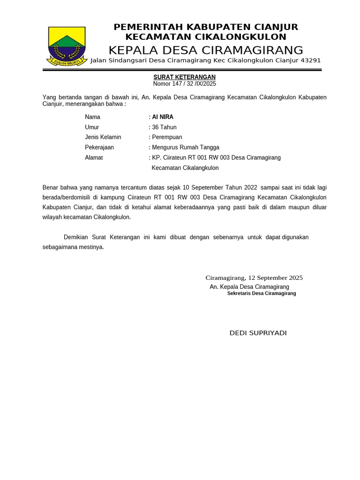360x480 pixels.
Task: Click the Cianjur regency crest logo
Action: coord(66,46)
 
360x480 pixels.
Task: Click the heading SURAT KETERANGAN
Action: coord(184,77)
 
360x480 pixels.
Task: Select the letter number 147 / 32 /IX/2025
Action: coord(184,84)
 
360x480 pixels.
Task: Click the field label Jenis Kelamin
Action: coord(103,137)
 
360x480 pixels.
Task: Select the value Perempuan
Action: coord(167,137)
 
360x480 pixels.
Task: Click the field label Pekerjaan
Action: coord(99,147)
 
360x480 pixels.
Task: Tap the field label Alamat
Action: coord(94,157)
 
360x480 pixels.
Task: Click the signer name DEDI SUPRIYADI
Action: coord(258,333)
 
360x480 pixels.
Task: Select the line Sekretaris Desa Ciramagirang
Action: coord(262,293)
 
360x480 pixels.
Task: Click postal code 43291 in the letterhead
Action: coord(310,60)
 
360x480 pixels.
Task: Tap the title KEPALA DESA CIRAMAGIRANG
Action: coord(206,50)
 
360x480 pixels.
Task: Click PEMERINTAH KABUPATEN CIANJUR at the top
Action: coord(206,27)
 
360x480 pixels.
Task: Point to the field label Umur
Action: coord(92,127)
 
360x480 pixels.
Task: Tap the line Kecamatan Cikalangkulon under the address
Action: coord(185,168)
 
